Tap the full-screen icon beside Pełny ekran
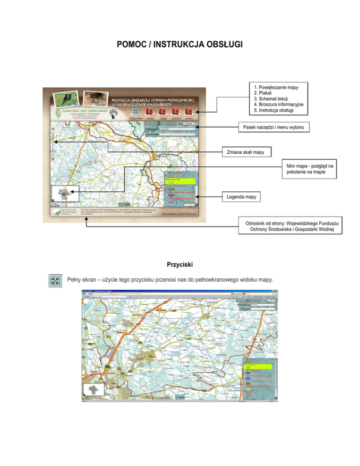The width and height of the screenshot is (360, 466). click(55, 281)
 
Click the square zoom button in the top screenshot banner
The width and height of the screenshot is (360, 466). click(135, 112)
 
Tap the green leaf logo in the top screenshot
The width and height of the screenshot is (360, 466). click(57, 115)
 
